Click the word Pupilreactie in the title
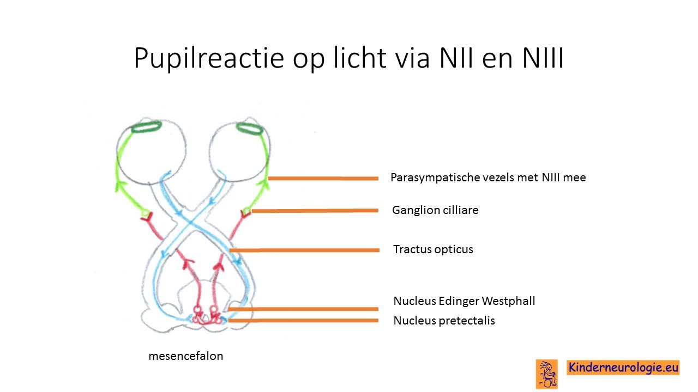pos(209,58)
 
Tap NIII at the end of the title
pos(543,58)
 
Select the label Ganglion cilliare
pos(435,210)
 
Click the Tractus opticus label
pos(433,249)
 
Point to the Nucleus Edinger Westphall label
pos(464,301)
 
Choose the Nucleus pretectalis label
pos(444,321)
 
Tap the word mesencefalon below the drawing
pos(186,356)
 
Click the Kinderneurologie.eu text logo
pos(623,367)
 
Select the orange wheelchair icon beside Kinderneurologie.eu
pos(547,374)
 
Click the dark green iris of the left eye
pos(146,127)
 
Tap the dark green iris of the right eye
pos(250,128)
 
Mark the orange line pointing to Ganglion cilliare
pos(315,211)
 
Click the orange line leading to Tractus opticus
pos(304,250)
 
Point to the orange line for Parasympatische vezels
pos(323,178)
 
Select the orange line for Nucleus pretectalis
pos(303,321)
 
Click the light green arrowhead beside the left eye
pos(121,186)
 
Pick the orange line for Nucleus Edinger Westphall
pos(303,309)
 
